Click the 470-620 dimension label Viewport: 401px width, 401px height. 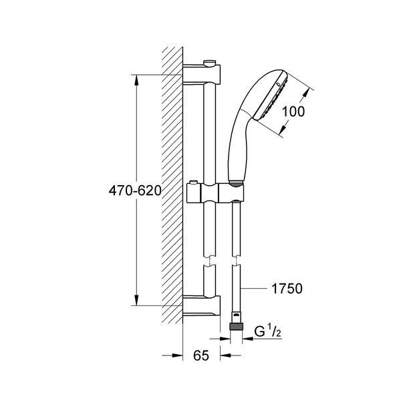(135, 190)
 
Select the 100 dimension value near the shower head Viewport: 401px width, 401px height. (293, 112)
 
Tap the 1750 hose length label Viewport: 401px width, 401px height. (287, 289)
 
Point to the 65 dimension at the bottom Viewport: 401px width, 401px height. (201, 356)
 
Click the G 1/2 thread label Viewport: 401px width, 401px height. (268, 332)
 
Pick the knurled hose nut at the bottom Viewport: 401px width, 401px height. (236, 327)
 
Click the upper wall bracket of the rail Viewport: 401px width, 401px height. (202, 74)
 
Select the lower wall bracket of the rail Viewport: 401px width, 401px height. (202, 305)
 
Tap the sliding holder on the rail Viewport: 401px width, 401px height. (215, 193)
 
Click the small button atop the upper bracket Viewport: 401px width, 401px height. (209, 63)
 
